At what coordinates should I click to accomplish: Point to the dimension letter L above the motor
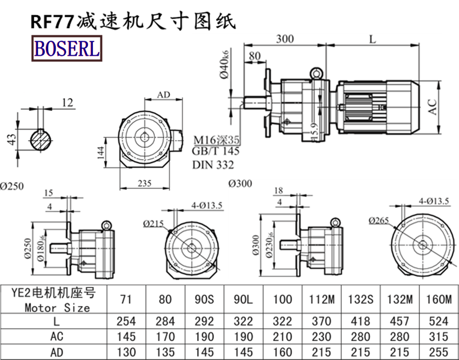coord(373,39)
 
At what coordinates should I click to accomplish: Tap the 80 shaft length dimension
coord(254,56)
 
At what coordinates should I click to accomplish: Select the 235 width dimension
coord(145,183)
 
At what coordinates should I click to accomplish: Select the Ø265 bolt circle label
coord(379,220)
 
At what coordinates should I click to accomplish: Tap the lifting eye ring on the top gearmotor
coord(316,73)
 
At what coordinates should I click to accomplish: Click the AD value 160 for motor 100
coord(282,350)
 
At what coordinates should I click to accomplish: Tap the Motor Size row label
coord(57,307)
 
